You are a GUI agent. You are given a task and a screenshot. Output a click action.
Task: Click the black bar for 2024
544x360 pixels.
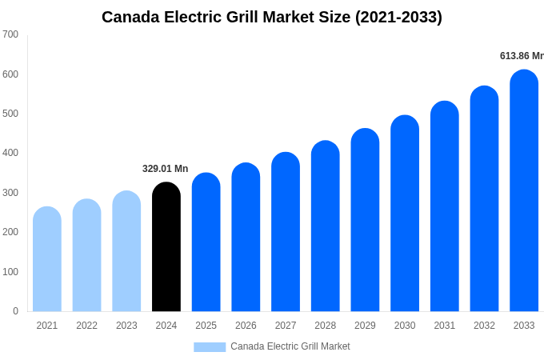pyautogui.click(x=166, y=247)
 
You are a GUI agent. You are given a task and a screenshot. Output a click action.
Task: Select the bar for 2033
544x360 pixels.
pyautogui.click(x=524, y=191)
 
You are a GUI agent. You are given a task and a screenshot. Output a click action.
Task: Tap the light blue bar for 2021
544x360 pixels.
pyautogui.click(x=47, y=259)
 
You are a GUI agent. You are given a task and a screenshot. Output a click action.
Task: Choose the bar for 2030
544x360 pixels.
pyautogui.click(x=405, y=214)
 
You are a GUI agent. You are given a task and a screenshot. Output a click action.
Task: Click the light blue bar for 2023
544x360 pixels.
pyautogui.click(x=126, y=251)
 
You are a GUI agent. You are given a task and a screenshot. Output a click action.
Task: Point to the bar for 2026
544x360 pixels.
pyautogui.click(x=246, y=238)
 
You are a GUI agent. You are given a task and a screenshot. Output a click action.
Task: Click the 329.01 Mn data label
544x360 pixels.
pyautogui.click(x=165, y=169)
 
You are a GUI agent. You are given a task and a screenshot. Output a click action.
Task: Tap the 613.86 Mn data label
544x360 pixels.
pyautogui.click(x=522, y=56)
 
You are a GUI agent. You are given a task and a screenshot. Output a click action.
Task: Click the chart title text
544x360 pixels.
pyautogui.click(x=272, y=17)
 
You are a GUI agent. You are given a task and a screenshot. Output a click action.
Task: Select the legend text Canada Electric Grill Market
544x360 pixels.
pyautogui.click(x=290, y=346)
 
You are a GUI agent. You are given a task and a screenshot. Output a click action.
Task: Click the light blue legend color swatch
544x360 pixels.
pyautogui.click(x=210, y=346)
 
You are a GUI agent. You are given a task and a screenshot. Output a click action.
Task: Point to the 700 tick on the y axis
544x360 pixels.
pyautogui.click(x=10, y=34)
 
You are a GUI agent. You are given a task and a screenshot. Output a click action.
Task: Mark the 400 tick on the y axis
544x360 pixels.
pyautogui.click(x=10, y=153)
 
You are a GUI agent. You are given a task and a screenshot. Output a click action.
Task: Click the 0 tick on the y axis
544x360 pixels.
pyautogui.click(x=15, y=311)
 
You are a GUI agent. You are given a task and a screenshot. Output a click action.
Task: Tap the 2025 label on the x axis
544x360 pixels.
pyautogui.click(x=206, y=326)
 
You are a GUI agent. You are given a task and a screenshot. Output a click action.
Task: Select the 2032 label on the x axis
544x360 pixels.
pyautogui.click(x=484, y=326)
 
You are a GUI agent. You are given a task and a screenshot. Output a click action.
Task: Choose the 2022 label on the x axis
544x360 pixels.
pyautogui.click(x=86, y=326)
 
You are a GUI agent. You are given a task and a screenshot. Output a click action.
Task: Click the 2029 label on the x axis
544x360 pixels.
pyautogui.click(x=365, y=326)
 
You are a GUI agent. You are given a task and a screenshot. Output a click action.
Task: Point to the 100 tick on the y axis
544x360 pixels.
pyautogui.click(x=10, y=272)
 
